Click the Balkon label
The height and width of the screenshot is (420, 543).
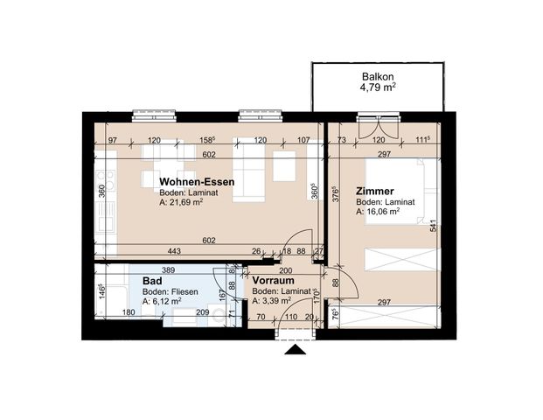click(x=377, y=77)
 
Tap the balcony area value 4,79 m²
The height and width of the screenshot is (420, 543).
click(x=377, y=88)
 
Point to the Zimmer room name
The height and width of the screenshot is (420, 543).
click(x=374, y=191)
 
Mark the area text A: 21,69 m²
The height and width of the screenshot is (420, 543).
click(x=181, y=201)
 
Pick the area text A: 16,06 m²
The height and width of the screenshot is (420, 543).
click(x=378, y=211)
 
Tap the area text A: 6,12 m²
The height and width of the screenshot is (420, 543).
click(x=162, y=301)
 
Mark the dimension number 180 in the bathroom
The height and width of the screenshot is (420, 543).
click(x=127, y=312)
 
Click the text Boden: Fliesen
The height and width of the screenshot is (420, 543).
click(x=171, y=291)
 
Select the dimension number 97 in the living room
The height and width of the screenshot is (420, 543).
click(x=113, y=140)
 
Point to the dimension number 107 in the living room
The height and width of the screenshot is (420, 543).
click(x=303, y=140)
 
